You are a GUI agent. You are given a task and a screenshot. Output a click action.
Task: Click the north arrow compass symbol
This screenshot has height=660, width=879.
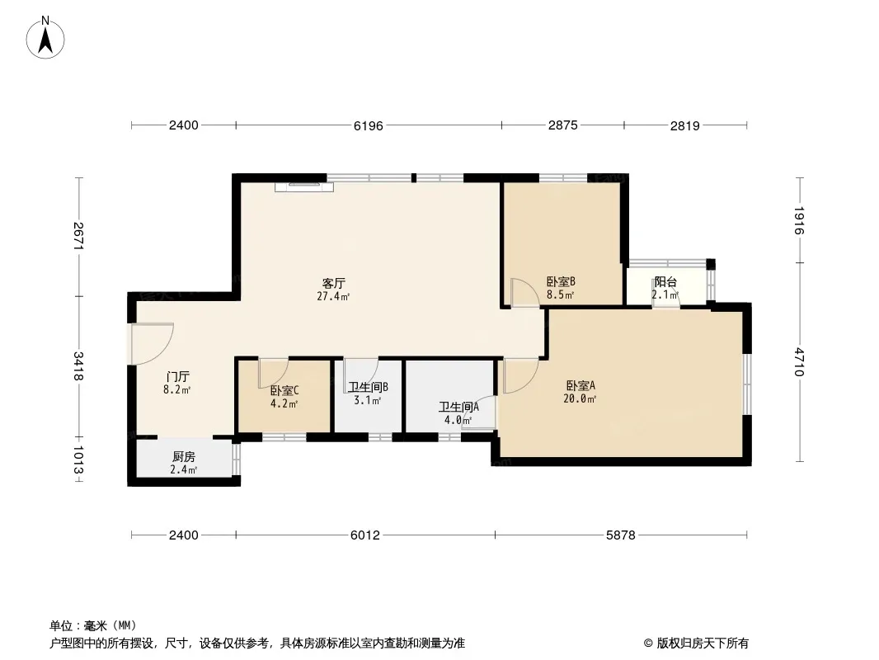coord(45,38)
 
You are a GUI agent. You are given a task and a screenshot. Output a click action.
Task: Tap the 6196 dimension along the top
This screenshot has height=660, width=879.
coord(369,125)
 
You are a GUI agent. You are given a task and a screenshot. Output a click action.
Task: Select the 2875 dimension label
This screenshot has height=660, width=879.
coord(563,125)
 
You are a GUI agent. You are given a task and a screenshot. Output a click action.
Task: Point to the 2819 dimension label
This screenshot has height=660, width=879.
coord(685,125)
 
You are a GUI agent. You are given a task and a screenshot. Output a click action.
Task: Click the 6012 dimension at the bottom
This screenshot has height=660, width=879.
coord(365,535)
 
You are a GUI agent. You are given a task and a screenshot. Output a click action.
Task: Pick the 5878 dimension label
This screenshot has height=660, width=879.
coord(621,535)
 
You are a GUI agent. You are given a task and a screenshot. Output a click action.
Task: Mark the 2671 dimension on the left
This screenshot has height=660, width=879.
coord(78,236)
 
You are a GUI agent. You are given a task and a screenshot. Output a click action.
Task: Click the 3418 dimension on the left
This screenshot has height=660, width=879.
coord(78,366)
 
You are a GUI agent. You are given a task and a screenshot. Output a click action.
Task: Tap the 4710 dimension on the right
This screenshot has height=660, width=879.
coord(799,362)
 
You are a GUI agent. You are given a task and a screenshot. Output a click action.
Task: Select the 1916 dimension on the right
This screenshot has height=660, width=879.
coord(799,220)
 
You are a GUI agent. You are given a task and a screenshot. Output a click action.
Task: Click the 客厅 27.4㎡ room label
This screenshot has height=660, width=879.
coord(334,290)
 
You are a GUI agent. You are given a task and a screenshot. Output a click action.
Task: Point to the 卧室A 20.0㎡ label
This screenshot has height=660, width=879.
coord(581,392)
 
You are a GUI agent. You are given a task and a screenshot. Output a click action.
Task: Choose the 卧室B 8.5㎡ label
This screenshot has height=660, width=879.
coord(561,288)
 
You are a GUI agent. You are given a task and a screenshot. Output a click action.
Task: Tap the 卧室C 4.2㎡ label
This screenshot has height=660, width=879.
coord(284,397)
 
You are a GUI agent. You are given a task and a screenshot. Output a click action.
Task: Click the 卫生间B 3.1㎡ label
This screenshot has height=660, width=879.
coord(368,394)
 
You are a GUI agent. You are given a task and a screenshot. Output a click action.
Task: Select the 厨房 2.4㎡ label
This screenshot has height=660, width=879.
coord(184,463)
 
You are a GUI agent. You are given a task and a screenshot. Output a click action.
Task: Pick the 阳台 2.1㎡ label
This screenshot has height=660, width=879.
coord(665,288)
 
